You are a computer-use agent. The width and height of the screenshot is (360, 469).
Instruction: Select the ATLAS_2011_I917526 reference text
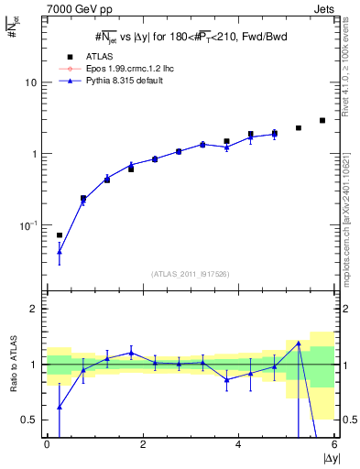pyautogui.click(x=190, y=274)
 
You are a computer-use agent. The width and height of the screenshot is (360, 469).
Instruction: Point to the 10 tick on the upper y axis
pyautogui.click(x=31, y=82)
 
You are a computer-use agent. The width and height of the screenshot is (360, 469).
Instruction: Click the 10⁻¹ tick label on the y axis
pyautogui.click(x=28, y=224)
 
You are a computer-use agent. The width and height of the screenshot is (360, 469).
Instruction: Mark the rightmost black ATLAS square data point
pyautogui.click(x=322, y=120)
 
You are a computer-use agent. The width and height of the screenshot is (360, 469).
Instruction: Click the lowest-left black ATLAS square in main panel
pyautogui.click(x=60, y=235)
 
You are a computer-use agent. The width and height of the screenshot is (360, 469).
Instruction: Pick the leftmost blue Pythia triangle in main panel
pyautogui.click(x=60, y=251)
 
